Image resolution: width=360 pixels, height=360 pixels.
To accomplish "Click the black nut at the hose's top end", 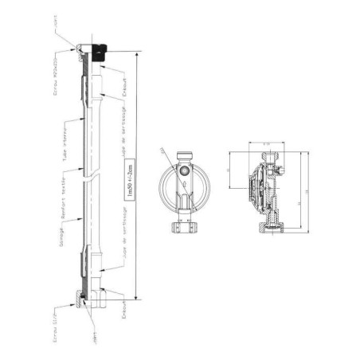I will click(99, 53).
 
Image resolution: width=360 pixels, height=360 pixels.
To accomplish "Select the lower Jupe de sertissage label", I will click(125, 231).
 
